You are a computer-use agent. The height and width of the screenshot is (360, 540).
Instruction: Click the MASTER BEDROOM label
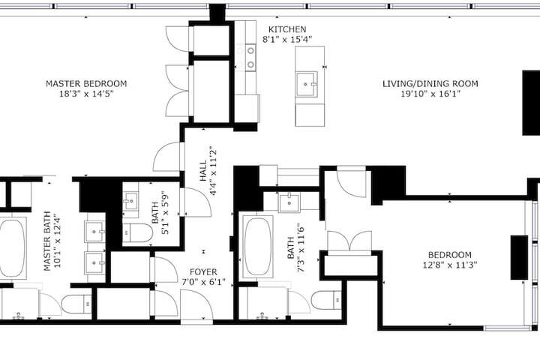click(x=86, y=83)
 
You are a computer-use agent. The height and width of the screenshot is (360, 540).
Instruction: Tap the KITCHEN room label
click(x=287, y=29)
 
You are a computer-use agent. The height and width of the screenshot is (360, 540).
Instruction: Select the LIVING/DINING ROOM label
click(x=430, y=83)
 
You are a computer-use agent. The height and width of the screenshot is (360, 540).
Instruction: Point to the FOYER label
click(x=203, y=272)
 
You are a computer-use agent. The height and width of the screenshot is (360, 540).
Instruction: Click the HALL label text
click(x=203, y=170)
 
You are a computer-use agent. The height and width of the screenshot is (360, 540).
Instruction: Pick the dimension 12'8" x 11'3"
click(x=450, y=265)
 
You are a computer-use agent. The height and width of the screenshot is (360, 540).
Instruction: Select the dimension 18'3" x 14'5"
click(x=86, y=94)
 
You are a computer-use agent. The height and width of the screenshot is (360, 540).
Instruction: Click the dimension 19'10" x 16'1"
click(x=430, y=94)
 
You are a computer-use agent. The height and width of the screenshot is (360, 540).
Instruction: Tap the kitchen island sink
click(x=306, y=84)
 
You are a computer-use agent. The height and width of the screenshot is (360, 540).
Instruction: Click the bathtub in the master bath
click(x=12, y=247)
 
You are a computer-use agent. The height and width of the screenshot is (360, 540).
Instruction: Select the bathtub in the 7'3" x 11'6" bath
click(x=257, y=246)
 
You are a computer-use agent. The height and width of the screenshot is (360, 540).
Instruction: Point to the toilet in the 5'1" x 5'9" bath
click(x=137, y=232)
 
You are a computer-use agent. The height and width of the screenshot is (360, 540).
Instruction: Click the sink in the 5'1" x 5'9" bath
click(x=130, y=201)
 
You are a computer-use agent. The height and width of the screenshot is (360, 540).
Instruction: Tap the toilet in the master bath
click(x=76, y=304)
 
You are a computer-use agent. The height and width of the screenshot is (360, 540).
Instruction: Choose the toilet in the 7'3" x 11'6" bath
click(x=326, y=300)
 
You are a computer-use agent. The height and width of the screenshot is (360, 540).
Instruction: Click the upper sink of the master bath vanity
click(x=94, y=232)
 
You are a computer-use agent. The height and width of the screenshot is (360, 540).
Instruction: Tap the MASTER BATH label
click(x=47, y=241)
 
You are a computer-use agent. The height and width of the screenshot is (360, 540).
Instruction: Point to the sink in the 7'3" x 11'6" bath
click(x=289, y=202)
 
